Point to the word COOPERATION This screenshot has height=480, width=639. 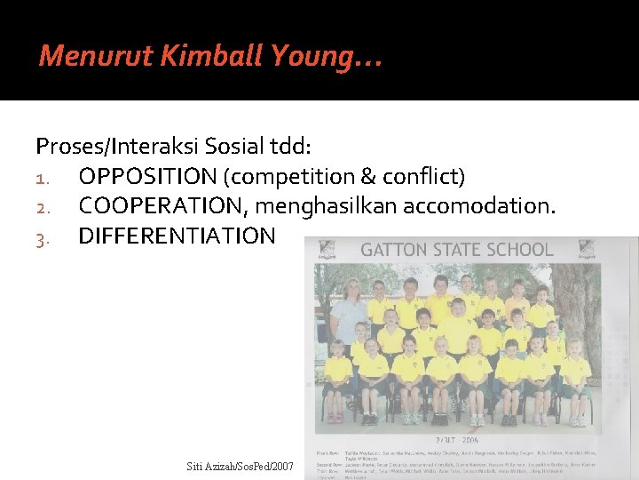click(x=163, y=206)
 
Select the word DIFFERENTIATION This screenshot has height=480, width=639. click(x=177, y=236)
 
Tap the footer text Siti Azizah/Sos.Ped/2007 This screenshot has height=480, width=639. click(x=241, y=466)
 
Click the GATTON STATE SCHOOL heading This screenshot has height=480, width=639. click(x=456, y=250)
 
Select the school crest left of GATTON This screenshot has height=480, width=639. click(x=327, y=250)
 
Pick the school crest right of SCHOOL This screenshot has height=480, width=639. click(x=587, y=250)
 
